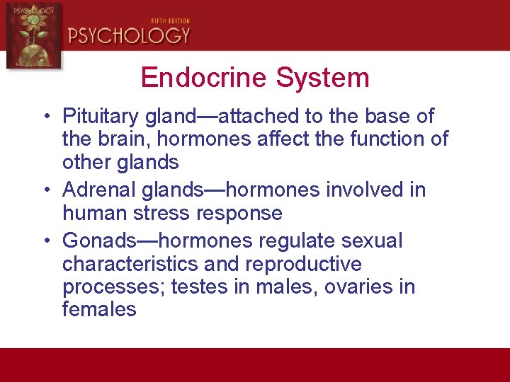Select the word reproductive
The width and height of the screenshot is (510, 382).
click(x=303, y=265)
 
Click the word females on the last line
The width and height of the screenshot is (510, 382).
click(x=99, y=310)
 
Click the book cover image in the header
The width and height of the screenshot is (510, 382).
click(x=33, y=35)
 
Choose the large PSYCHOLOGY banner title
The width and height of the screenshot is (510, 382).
click(x=129, y=35)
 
